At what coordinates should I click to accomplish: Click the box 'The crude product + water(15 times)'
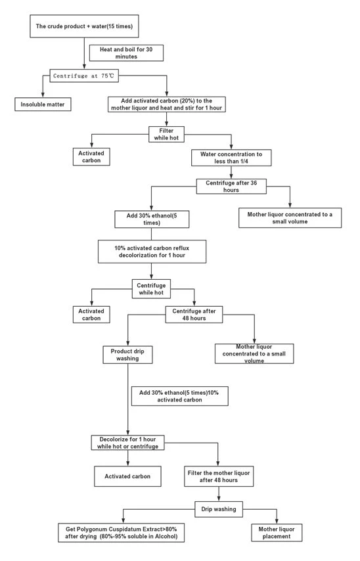point(84,26)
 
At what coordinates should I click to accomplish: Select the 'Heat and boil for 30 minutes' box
point(126,53)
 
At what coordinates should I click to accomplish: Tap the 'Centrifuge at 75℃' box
point(83,76)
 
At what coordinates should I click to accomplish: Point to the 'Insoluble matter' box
point(43,104)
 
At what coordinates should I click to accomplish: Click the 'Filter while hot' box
point(166,134)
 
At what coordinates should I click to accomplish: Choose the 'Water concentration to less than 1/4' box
point(231,158)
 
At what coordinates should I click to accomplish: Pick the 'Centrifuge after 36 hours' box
point(231,186)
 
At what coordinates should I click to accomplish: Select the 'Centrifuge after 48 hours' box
point(194,315)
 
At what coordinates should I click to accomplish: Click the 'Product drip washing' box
point(127,355)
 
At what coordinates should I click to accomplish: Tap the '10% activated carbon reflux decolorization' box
point(152,252)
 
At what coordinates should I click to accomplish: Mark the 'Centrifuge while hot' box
point(151,289)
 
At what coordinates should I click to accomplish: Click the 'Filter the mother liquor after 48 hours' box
point(219,476)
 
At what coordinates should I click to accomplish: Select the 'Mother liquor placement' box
point(277,533)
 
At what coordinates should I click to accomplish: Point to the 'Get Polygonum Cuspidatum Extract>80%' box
point(122,533)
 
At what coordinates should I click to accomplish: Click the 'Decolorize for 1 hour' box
point(127,443)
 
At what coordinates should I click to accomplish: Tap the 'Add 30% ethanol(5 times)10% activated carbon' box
point(179,396)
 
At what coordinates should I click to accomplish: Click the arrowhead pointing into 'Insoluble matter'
point(43,95)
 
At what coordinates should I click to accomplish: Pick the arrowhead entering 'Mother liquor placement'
point(277,522)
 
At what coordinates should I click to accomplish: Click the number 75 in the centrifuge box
point(104,76)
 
